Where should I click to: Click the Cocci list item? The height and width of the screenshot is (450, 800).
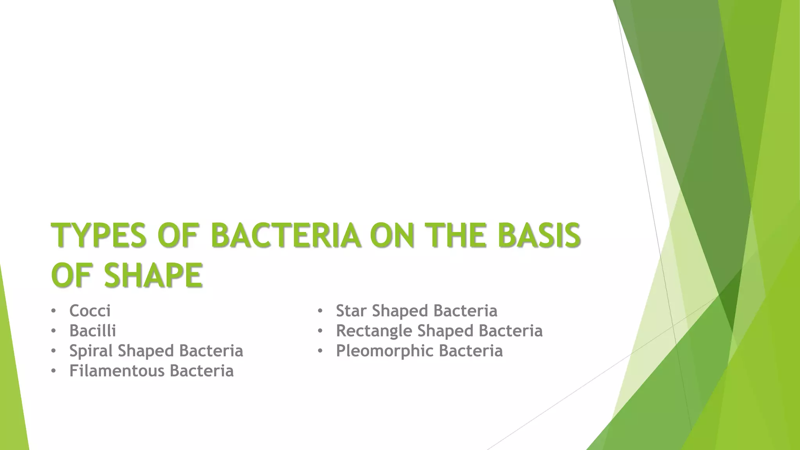(x=90, y=311)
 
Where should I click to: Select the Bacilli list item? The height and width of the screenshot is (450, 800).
(x=93, y=331)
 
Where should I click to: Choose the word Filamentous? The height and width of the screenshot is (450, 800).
(x=116, y=371)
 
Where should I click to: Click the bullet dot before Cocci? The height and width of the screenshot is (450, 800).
(x=53, y=311)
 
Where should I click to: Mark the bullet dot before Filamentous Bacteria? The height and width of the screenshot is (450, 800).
(x=53, y=371)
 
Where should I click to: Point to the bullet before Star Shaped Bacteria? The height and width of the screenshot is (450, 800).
(x=320, y=311)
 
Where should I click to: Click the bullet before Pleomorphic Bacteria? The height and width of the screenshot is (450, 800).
(x=320, y=351)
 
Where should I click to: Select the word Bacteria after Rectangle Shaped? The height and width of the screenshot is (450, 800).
(x=511, y=331)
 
